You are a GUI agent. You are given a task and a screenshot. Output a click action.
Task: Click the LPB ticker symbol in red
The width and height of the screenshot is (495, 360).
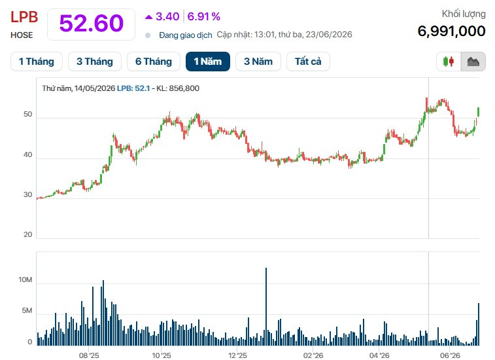(x=24, y=17)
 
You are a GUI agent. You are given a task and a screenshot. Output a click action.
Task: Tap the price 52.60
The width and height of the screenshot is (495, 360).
(x=92, y=24)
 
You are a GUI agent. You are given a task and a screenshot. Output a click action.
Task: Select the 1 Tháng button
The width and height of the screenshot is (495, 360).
(x=37, y=62)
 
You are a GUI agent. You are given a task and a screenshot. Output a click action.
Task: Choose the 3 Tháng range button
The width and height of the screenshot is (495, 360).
(x=95, y=62)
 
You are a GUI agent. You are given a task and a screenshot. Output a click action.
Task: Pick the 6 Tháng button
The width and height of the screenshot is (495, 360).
(x=154, y=62)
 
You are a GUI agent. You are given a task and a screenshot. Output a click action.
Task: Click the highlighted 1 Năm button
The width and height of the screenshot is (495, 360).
(x=208, y=62)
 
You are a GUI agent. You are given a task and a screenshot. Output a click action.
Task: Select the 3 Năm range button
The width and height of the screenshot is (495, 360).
(x=258, y=62)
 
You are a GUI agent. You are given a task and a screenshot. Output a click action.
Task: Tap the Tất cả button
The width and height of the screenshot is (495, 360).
(x=308, y=62)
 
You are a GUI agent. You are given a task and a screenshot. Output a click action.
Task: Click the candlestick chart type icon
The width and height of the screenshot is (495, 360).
(x=449, y=62)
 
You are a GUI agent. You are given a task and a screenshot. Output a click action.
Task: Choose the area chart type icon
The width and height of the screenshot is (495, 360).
(x=473, y=62)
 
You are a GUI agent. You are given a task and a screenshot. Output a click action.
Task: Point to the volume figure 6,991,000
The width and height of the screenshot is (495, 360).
(x=451, y=31)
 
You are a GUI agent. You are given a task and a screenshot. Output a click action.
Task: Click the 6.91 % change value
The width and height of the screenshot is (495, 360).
(x=203, y=16)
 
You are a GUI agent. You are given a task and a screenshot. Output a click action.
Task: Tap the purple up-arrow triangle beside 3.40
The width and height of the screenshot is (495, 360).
(x=148, y=17)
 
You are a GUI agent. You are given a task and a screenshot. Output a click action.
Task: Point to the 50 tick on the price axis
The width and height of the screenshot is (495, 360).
(x=27, y=115)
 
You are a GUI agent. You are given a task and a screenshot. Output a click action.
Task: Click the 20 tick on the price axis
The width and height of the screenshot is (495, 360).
(x=27, y=234)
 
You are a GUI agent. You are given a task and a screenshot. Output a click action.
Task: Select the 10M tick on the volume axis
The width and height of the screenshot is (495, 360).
(x=26, y=279)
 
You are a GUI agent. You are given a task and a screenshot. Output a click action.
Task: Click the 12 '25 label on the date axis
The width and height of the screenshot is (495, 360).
(x=237, y=355)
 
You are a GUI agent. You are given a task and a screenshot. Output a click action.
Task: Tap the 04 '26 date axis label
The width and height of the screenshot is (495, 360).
(x=379, y=355)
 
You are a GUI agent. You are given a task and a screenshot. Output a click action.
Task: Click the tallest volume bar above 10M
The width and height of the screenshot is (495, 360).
(x=266, y=306)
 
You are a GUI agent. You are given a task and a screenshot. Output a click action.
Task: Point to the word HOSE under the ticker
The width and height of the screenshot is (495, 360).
(x=22, y=35)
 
